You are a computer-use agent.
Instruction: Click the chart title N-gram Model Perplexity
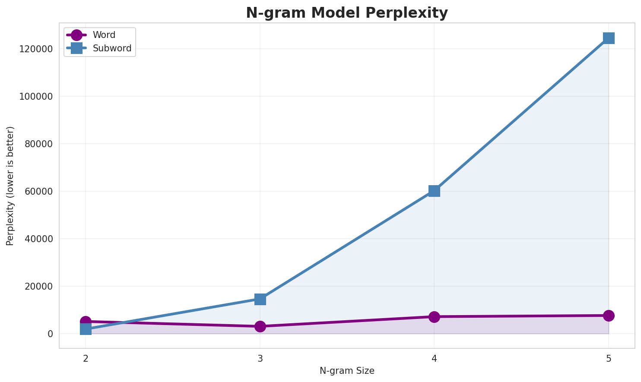click(347, 13)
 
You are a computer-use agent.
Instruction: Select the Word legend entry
click(104, 35)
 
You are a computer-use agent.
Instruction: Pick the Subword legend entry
click(112, 48)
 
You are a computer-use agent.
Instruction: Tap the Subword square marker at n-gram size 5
click(609, 38)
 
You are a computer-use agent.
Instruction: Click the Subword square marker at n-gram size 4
click(434, 191)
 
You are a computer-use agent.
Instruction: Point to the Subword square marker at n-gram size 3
click(260, 299)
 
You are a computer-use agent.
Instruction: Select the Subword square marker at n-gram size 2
click(86, 329)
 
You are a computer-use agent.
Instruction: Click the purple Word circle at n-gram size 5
click(609, 316)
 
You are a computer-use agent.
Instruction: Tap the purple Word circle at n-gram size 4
click(434, 317)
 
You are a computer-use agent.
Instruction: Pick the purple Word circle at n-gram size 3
click(260, 326)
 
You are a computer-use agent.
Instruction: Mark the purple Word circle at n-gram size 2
click(86, 322)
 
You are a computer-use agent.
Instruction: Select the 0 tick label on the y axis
click(50, 334)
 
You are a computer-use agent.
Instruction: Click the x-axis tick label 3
click(260, 358)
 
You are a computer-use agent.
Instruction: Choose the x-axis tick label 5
click(609, 358)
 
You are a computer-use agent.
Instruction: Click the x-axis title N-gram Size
click(347, 371)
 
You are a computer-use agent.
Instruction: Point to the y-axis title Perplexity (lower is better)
click(10, 186)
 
